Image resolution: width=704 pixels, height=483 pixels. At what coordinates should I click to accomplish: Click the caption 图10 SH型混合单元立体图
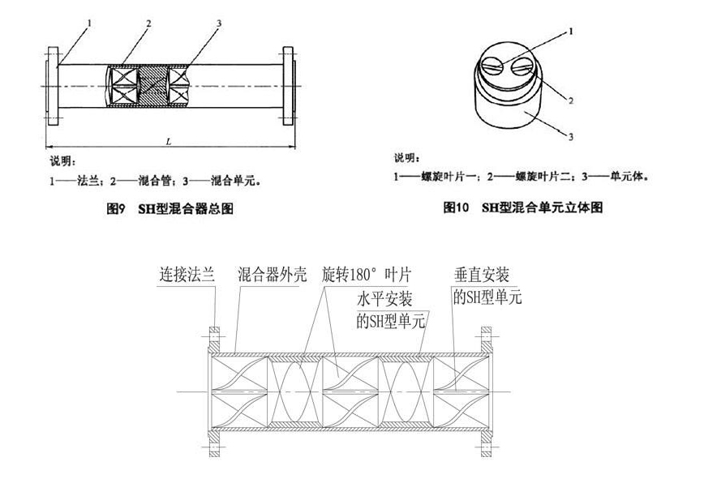[x=522, y=208]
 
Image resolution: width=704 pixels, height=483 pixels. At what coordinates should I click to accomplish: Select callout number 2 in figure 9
[x=149, y=23]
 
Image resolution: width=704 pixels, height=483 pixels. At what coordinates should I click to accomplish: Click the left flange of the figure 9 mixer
[x=54, y=85]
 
